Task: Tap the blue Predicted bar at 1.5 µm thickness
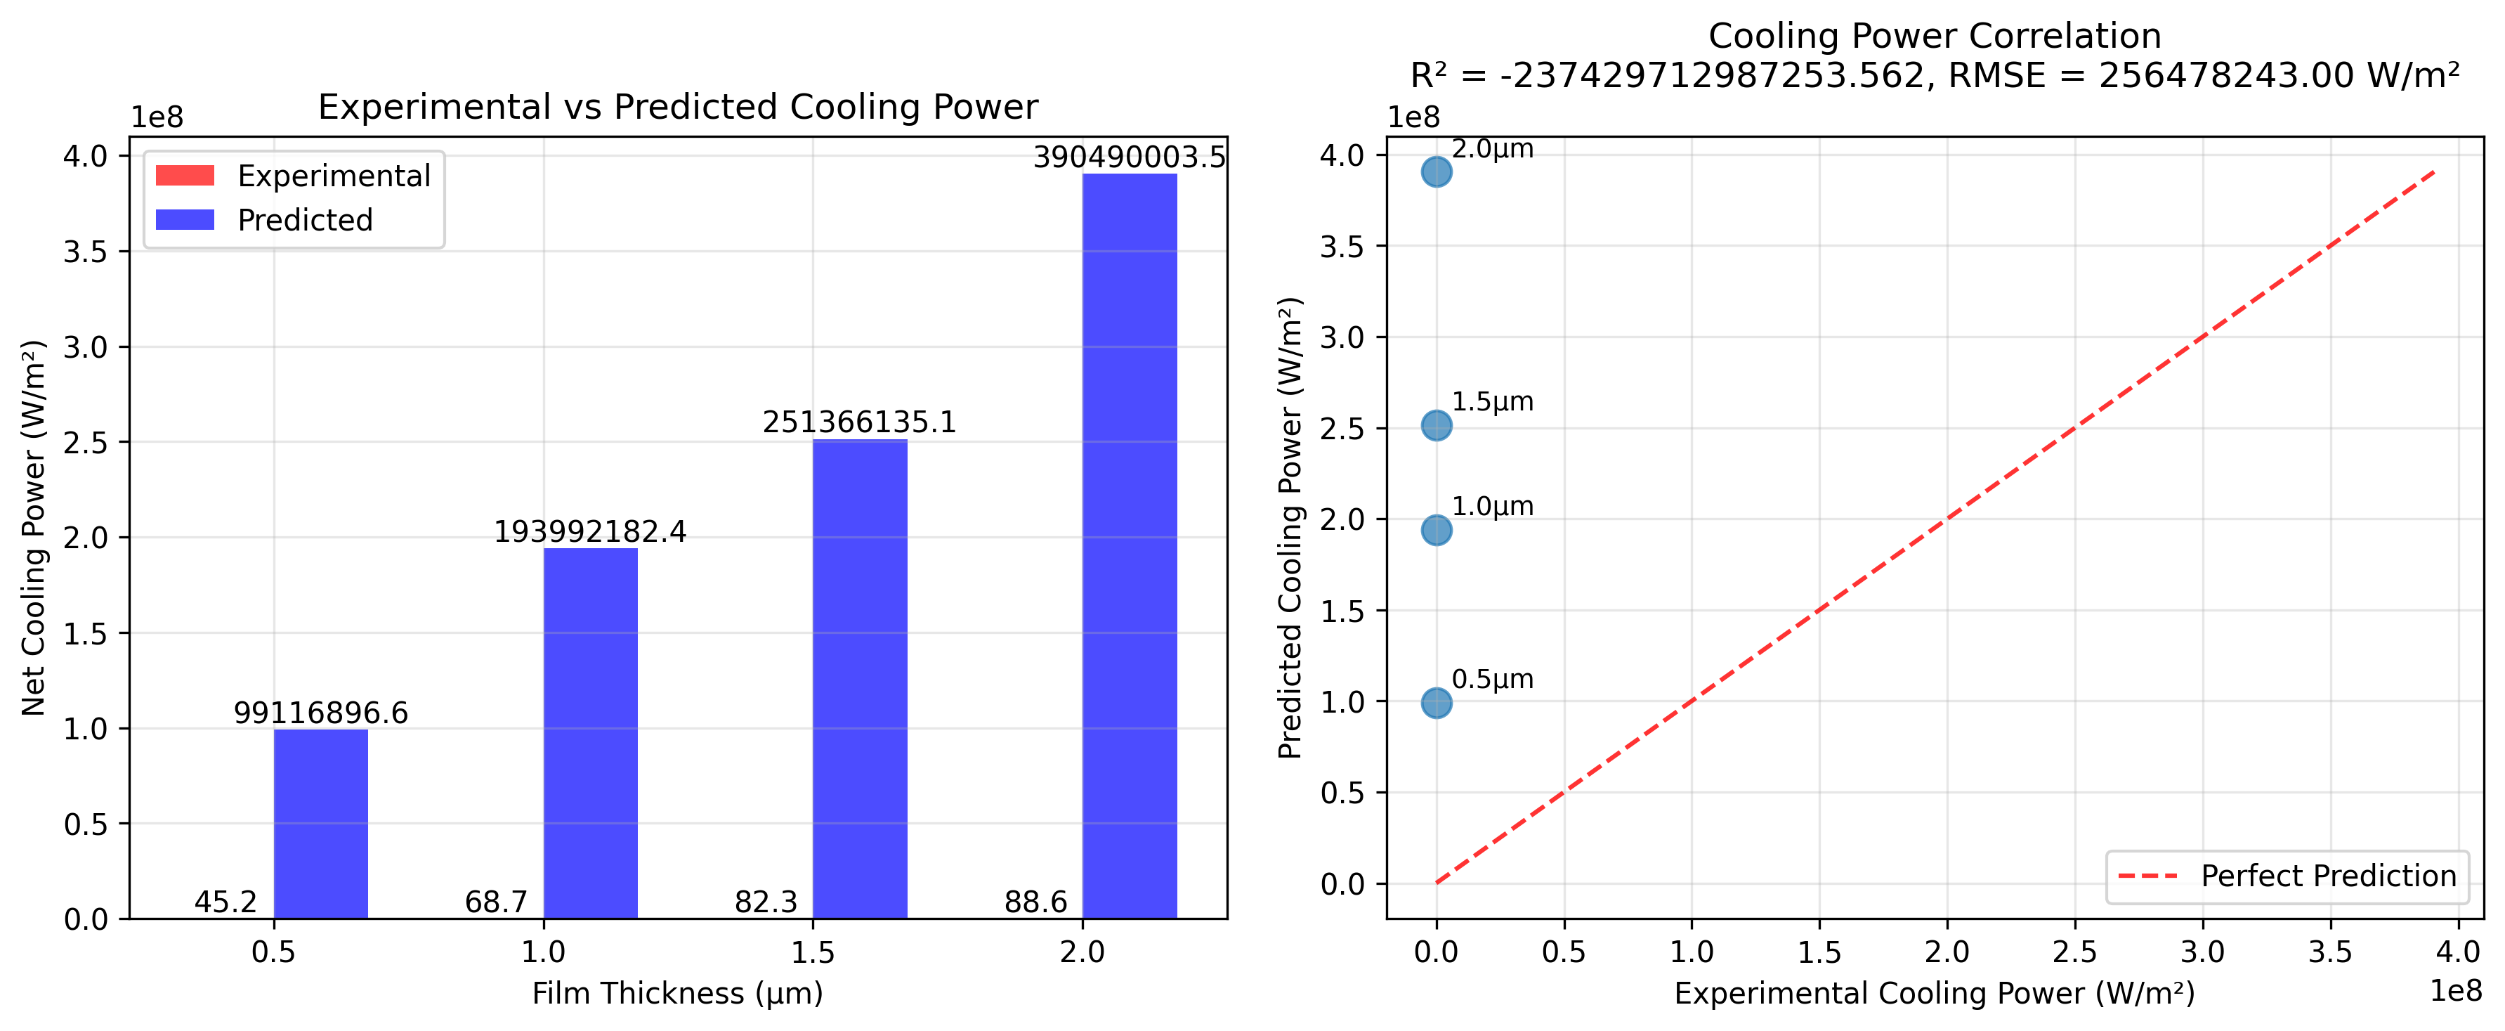pyautogui.click(x=860, y=678)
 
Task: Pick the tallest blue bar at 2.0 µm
pyautogui.click(x=1129, y=545)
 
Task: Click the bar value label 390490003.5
pyautogui.click(x=1129, y=157)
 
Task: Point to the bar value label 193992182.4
pyautogui.click(x=590, y=532)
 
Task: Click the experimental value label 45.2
pyautogui.click(x=225, y=902)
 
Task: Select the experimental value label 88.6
pyautogui.click(x=1035, y=902)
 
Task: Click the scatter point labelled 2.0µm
pyautogui.click(x=1437, y=172)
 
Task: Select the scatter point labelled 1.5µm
pyautogui.click(x=1437, y=425)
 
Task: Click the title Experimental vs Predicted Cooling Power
pyautogui.click(x=678, y=107)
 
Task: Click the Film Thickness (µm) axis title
pyautogui.click(x=678, y=993)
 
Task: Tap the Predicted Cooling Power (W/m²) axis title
pyautogui.click(x=1290, y=528)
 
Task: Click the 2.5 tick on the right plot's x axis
pyautogui.click(x=2075, y=952)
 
